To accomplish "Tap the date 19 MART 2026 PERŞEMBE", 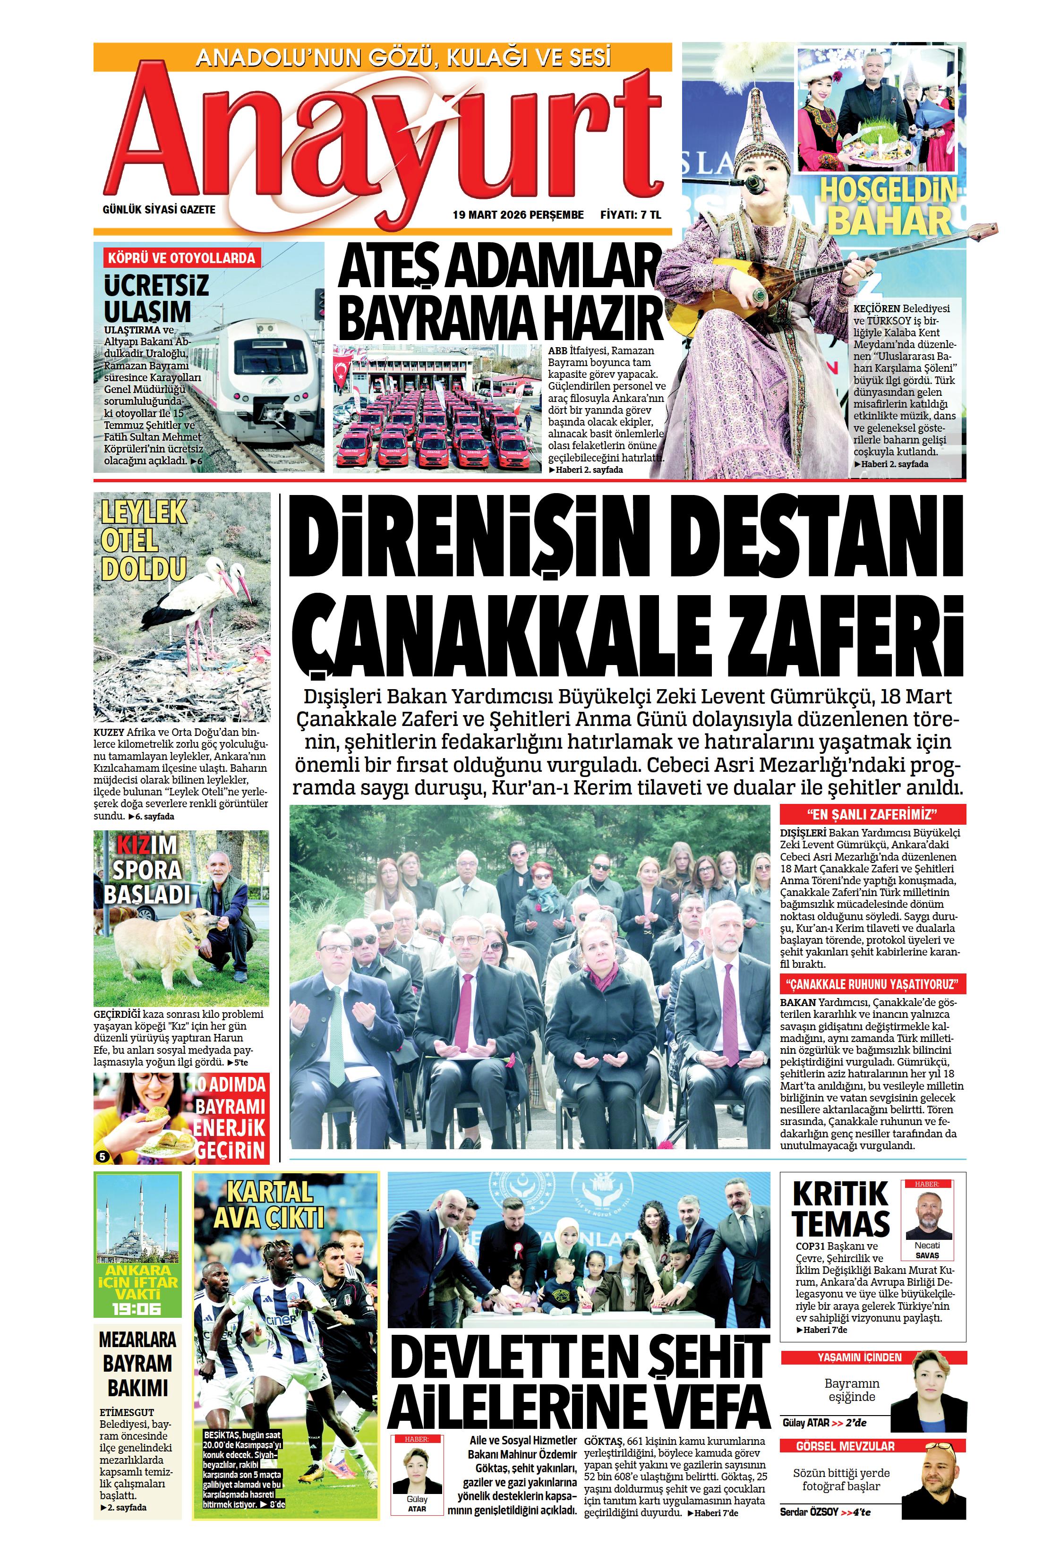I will [518, 215].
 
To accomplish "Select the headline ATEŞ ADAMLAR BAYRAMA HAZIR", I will [499, 293].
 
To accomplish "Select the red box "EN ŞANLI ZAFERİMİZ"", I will [872, 815].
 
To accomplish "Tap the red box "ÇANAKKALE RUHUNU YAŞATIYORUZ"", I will [872, 985].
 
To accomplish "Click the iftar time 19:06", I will [137, 1308].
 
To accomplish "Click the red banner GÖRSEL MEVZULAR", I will [872, 1446].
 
